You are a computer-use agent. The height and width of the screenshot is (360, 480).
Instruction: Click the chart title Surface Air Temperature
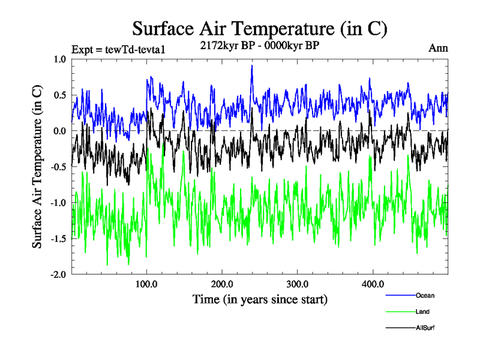(x=259, y=28)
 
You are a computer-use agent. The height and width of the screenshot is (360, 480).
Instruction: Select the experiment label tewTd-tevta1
(x=118, y=50)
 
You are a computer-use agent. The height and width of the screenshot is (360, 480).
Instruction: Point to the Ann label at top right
(x=438, y=47)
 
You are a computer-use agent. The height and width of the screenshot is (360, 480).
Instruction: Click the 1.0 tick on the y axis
(x=60, y=59)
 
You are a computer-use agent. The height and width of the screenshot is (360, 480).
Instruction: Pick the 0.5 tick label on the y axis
(x=60, y=95)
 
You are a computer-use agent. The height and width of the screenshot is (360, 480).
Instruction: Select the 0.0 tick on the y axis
(x=60, y=131)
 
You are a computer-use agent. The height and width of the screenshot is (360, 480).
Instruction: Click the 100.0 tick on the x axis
(x=147, y=284)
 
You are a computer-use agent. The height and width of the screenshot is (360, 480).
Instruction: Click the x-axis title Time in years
(x=260, y=299)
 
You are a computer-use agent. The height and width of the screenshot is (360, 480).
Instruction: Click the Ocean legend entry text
(x=424, y=295)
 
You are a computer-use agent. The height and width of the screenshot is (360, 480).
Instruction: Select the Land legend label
(x=422, y=311)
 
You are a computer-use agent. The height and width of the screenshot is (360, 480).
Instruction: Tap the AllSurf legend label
(x=424, y=328)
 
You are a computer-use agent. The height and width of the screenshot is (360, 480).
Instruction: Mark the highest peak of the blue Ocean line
(x=252, y=65)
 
